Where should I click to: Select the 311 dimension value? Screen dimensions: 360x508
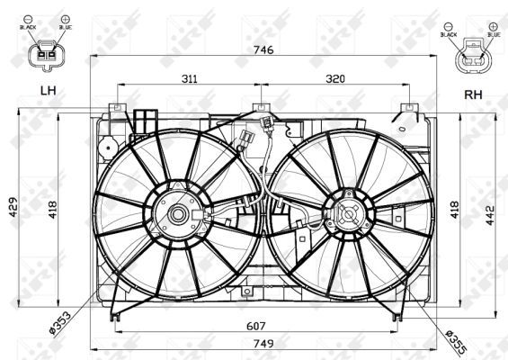point(190,79)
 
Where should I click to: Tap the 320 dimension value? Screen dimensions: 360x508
point(334,79)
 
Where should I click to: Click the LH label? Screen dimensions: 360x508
point(47,91)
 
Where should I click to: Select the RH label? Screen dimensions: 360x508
point(473,94)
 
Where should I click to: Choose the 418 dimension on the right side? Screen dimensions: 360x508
point(456,209)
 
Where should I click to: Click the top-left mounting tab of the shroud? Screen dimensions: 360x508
point(115,108)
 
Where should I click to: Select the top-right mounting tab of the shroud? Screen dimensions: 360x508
point(408,108)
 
